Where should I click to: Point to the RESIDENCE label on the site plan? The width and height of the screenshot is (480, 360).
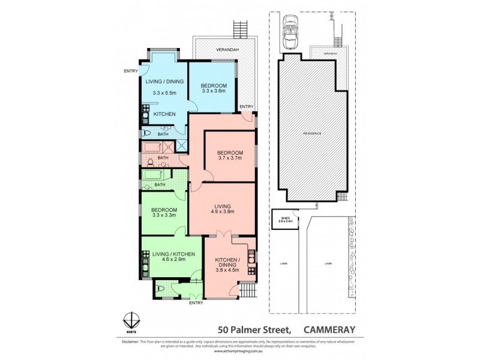[x=312, y=133]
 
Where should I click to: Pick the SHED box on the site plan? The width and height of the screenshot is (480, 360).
[x=284, y=219]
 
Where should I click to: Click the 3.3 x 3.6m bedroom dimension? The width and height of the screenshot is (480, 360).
[x=213, y=91]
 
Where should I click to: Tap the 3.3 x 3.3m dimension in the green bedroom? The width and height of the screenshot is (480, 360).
[x=164, y=215]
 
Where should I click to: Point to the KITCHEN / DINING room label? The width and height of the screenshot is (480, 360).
[x=227, y=265]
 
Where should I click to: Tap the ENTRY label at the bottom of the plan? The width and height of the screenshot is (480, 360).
[x=196, y=303]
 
